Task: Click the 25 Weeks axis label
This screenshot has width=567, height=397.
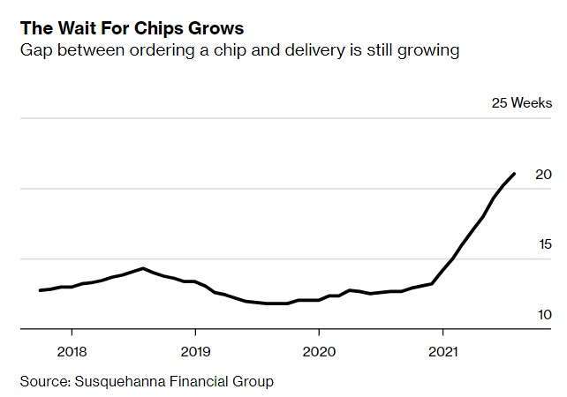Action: (x=522, y=103)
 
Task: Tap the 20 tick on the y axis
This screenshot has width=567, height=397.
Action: (x=544, y=175)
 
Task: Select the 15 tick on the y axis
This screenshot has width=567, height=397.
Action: (x=544, y=245)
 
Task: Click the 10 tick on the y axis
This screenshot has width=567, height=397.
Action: (x=544, y=315)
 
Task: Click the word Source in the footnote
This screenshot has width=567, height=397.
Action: (x=44, y=382)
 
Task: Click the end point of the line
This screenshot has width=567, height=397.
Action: (x=515, y=174)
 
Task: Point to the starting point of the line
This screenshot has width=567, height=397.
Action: (x=41, y=290)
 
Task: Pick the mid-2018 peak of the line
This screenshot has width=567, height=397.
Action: (x=142, y=268)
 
